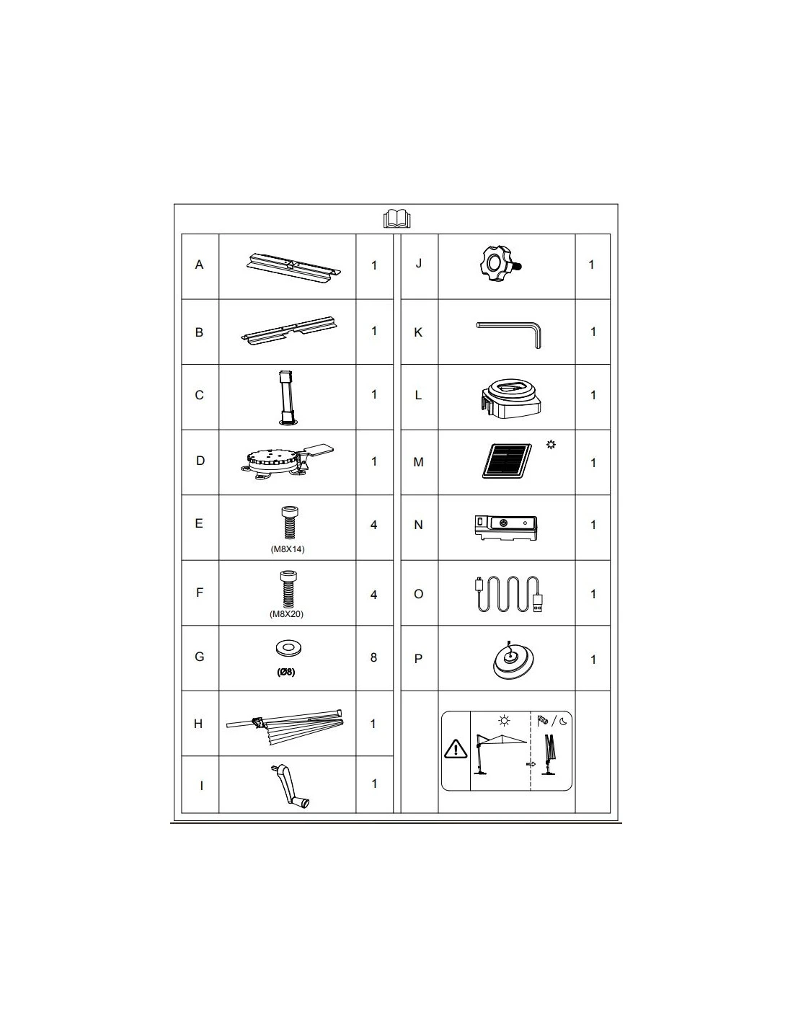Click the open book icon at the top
(396, 219)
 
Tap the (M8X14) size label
(288, 549)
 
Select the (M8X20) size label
(286, 614)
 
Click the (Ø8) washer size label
(286, 672)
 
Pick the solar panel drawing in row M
(507, 461)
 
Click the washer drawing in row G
(288, 649)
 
